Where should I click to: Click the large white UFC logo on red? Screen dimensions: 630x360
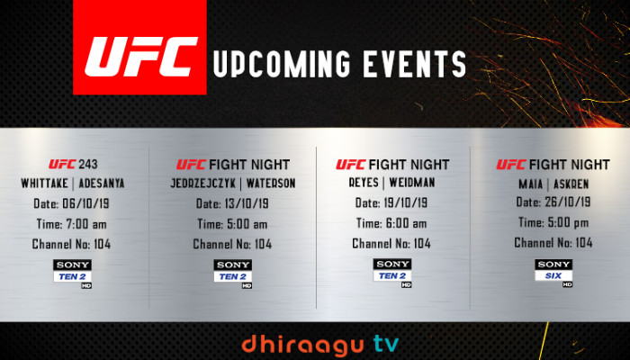click(141, 57)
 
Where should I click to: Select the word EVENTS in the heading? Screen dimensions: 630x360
click(414, 64)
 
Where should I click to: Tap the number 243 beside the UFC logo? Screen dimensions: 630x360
click(88, 164)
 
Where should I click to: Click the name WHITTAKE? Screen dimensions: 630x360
click(45, 184)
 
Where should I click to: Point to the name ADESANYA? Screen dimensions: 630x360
click(102, 184)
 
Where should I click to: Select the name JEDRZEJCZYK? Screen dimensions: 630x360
click(202, 184)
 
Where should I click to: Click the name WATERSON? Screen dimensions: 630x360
click(271, 184)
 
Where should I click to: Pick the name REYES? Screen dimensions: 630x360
click(364, 183)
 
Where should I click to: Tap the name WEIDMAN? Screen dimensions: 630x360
click(412, 183)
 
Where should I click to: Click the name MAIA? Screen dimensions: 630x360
click(531, 184)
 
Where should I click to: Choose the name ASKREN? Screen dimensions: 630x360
click(571, 184)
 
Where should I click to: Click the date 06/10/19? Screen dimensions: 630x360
click(85, 203)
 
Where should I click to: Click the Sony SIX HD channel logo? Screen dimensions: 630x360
click(553, 273)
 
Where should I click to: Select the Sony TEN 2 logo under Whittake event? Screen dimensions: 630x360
click(72, 274)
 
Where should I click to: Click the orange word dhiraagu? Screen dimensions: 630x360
click(302, 345)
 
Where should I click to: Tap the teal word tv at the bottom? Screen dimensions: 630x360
click(386, 345)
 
